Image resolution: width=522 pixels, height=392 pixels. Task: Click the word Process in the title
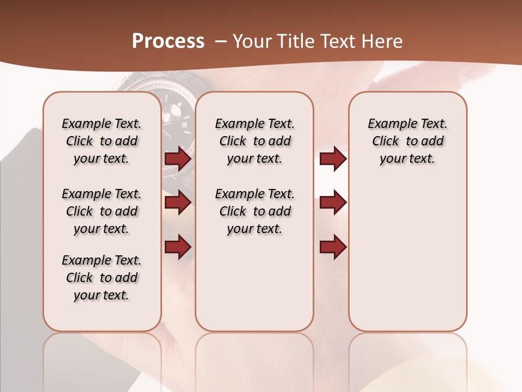pyautogui.click(x=168, y=41)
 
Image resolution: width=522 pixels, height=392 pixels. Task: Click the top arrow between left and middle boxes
pyautogui.click(x=178, y=158)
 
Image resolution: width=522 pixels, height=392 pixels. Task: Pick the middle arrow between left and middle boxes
pyautogui.click(x=178, y=203)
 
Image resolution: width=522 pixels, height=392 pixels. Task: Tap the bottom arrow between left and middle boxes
pyautogui.click(x=178, y=247)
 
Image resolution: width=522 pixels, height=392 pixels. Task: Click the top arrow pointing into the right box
pyautogui.click(x=333, y=158)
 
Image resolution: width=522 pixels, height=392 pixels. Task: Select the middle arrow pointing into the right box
pyautogui.click(x=333, y=203)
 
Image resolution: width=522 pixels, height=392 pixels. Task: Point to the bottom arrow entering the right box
pyautogui.click(x=333, y=247)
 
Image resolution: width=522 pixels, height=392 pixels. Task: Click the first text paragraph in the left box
pyautogui.click(x=102, y=141)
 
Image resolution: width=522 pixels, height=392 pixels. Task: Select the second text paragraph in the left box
pyautogui.click(x=102, y=211)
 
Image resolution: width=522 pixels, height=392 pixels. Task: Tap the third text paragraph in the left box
pyautogui.click(x=102, y=278)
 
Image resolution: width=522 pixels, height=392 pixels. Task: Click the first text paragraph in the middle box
pyautogui.click(x=254, y=141)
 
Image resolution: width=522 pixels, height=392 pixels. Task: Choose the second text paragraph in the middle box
pyautogui.click(x=254, y=211)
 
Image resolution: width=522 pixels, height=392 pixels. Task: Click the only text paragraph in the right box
pyautogui.click(x=407, y=141)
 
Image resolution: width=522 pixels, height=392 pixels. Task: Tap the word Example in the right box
pyautogui.click(x=388, y=124)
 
